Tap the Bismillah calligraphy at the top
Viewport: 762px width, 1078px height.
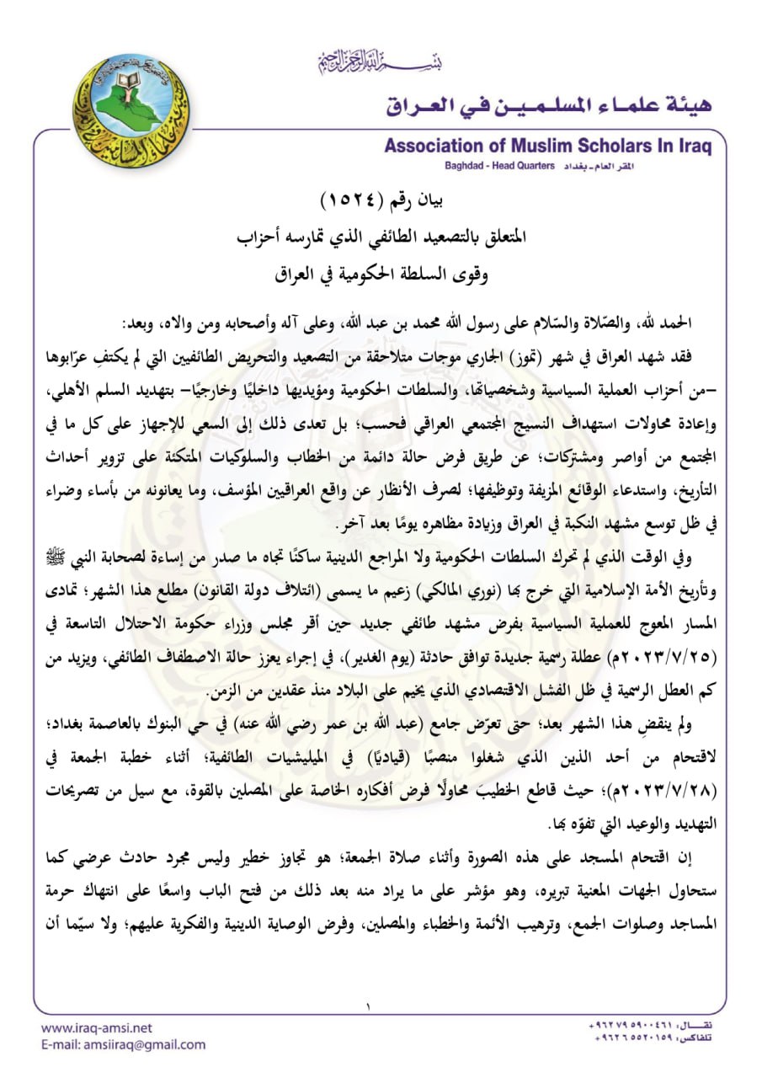pyautogui.click(x=381, y=61)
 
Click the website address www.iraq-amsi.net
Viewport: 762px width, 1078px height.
pyautogui.click(x=97, y=1028)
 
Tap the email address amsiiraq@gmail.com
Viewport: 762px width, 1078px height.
pyautogui.click(x=123, y=1044)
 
